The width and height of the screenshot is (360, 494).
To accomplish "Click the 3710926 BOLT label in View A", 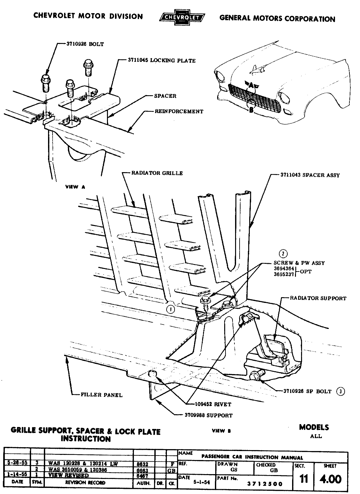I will [85, 44].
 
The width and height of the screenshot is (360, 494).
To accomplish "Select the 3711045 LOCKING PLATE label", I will [161, 60].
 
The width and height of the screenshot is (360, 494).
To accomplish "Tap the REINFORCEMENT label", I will [179, 112].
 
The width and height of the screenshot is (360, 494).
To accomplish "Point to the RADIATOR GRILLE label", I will [157, 173].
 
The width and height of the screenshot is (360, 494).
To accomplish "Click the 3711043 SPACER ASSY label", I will [310, 175].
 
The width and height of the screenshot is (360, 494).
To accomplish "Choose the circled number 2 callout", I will [283, 254].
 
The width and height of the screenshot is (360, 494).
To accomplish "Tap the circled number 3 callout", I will [340, 391].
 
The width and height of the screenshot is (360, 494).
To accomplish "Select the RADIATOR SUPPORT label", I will [318, 298].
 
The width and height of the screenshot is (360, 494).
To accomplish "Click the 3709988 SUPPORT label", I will [209, 415].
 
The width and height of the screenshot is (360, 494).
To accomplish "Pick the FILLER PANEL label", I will [102, 395].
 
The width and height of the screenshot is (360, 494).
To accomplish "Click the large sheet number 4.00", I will [331, 479].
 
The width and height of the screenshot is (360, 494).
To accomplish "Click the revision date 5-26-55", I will [17, 463].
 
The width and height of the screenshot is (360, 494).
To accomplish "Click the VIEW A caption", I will [75, 187].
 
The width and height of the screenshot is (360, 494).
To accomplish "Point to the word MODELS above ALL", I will [314, 427].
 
